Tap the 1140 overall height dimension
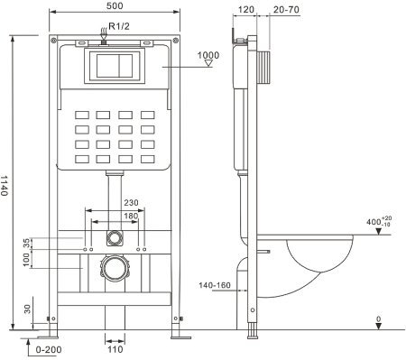(8, 185)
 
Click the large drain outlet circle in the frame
(114, 268)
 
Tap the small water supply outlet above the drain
(114, 239)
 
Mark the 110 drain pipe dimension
(115, 347)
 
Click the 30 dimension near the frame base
(27, 309)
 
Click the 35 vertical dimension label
(27, 241)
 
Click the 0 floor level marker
(379, 318)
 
